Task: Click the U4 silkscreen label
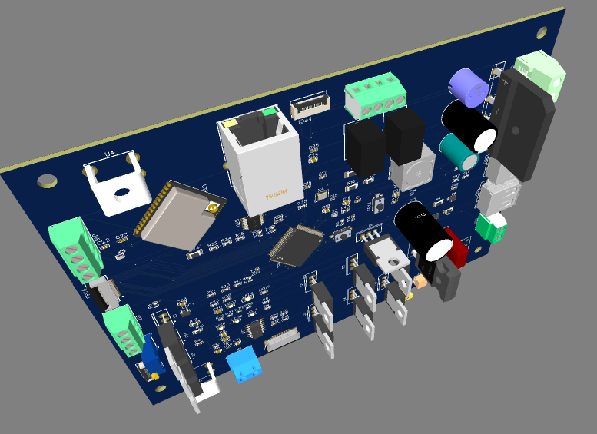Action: tap(110, 154)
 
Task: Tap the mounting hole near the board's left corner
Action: tap(47, 181)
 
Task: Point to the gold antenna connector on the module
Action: tap(208, 209)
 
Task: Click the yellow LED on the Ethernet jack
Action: tap(229, 123)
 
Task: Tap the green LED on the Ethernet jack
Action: tap(268, 112)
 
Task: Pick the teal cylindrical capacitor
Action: tap(459, 151)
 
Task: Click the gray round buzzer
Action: tap(413, 170)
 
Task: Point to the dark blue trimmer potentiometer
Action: tap(154, 357)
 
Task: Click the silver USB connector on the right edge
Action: tap(500, 197)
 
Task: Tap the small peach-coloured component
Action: tap(420, 281)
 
